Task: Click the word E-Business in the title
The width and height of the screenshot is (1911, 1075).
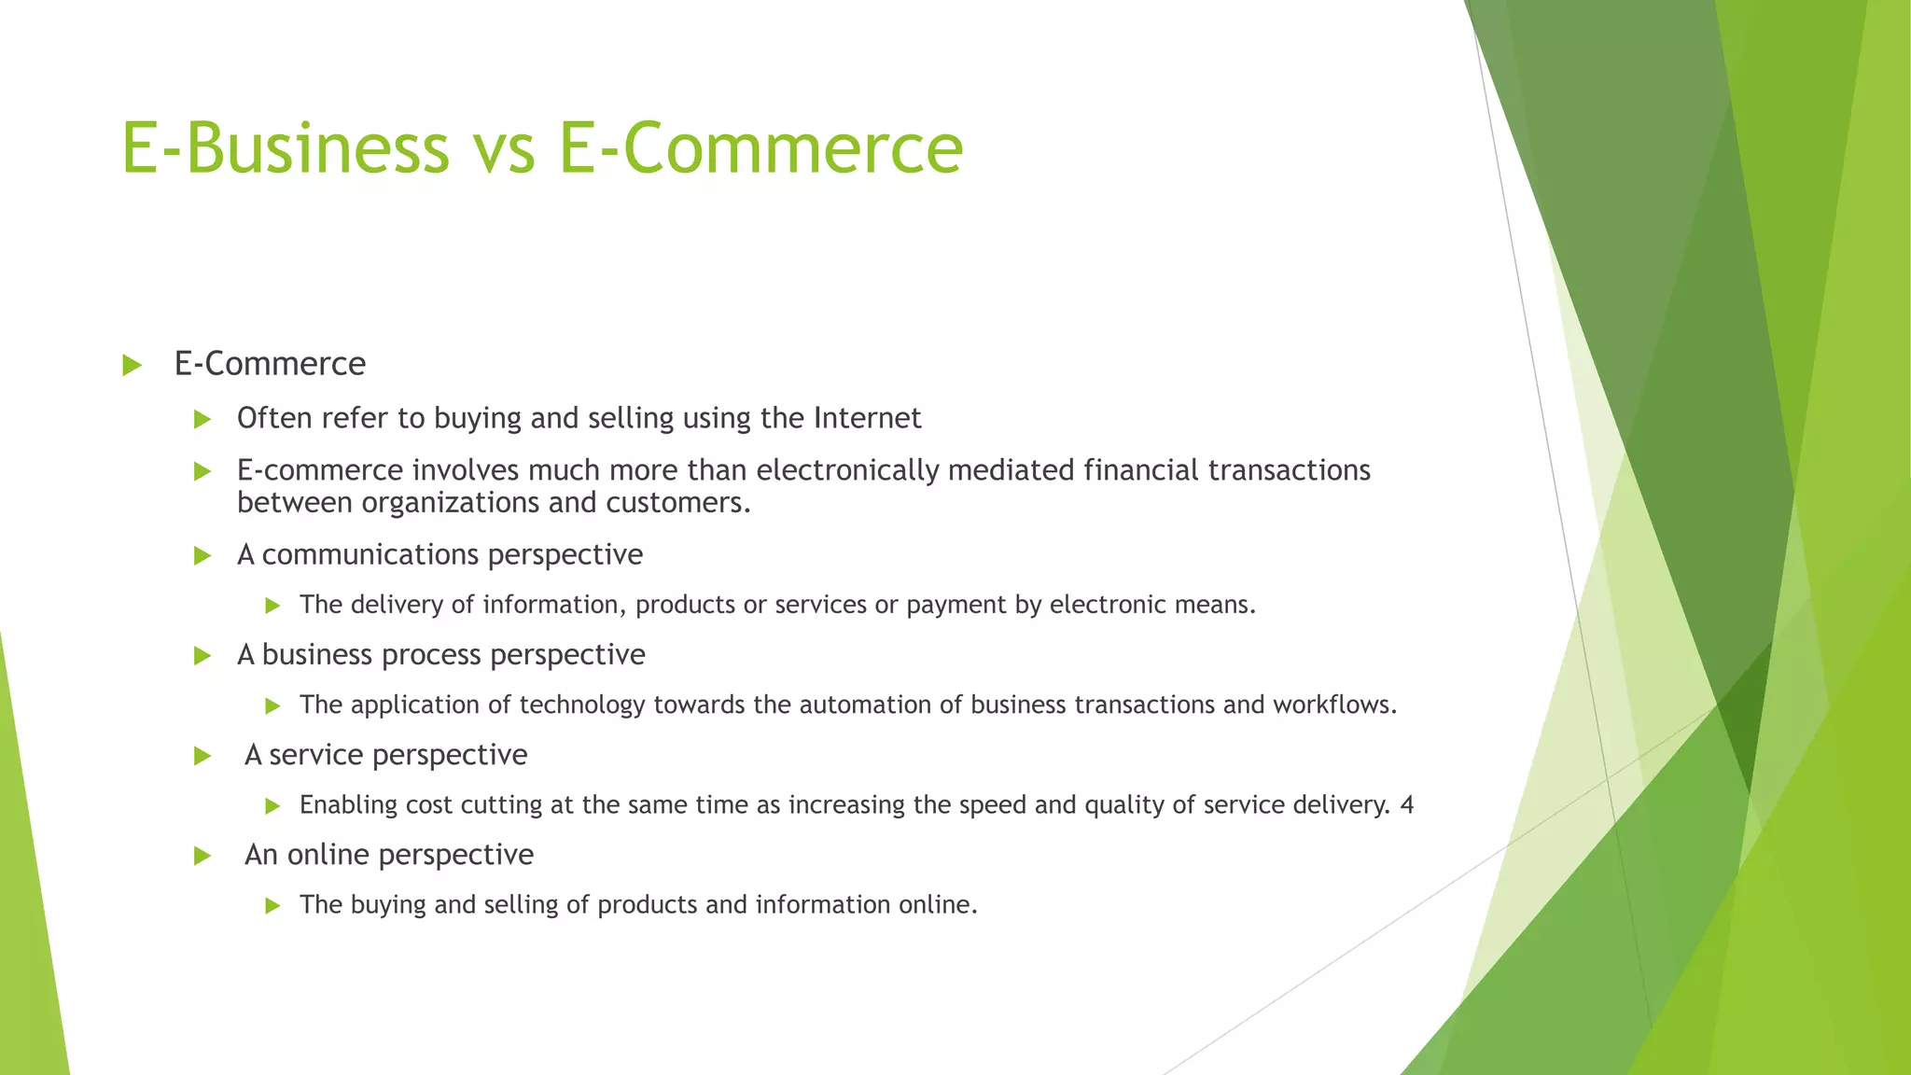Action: pos(285,147)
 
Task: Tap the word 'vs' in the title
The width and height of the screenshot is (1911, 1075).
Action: pos(503,149)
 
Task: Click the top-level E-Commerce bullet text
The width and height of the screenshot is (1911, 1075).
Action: pos(270,364)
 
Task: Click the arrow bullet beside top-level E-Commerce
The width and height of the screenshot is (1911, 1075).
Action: pos(132,366)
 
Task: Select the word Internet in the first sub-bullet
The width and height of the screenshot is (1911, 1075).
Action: pos(867,418)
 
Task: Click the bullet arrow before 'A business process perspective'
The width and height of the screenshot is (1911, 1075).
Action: pos(202,656)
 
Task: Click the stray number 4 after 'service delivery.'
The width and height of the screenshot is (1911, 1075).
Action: pos(1407,804)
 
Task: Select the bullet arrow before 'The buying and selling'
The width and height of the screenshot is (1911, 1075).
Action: pos(272,905)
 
